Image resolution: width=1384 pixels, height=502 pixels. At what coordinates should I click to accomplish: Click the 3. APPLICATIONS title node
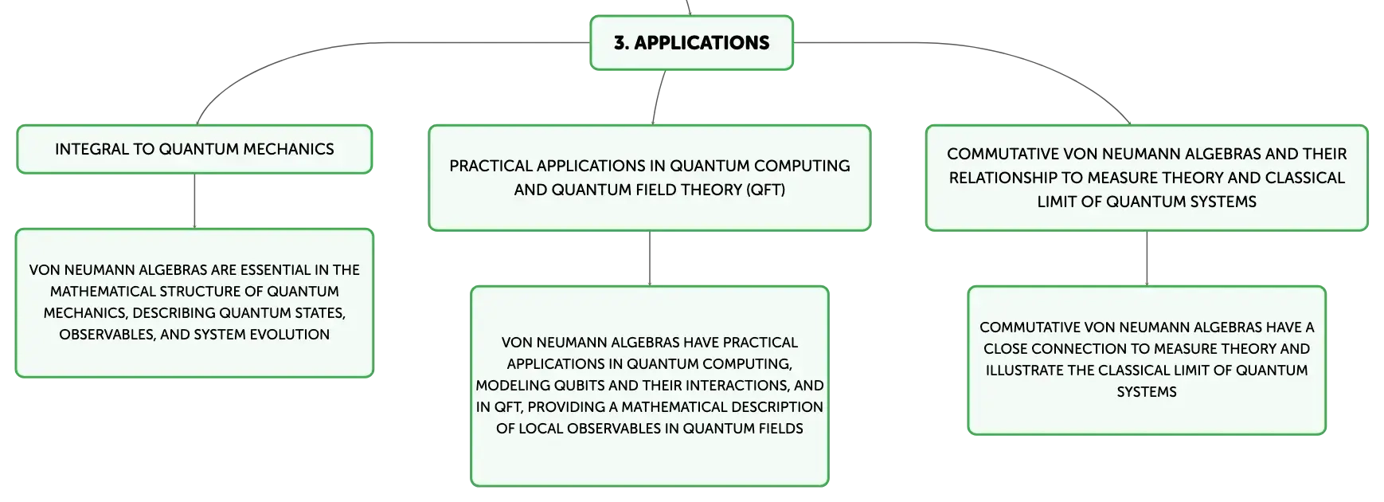pyautogui.click(x=691, y=43)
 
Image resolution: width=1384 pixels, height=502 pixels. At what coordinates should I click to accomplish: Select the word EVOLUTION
pyautogui.click(x=290, y=335)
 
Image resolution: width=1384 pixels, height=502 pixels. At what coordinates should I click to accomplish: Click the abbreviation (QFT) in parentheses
pyautogui.click(x=765, y=190)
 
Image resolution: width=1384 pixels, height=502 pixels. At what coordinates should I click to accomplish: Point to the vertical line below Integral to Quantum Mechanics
pyautogui.click(x=194, y=201)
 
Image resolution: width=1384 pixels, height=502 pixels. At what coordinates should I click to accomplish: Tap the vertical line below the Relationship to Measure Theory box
pyautogui.click(x=1147, y=258)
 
